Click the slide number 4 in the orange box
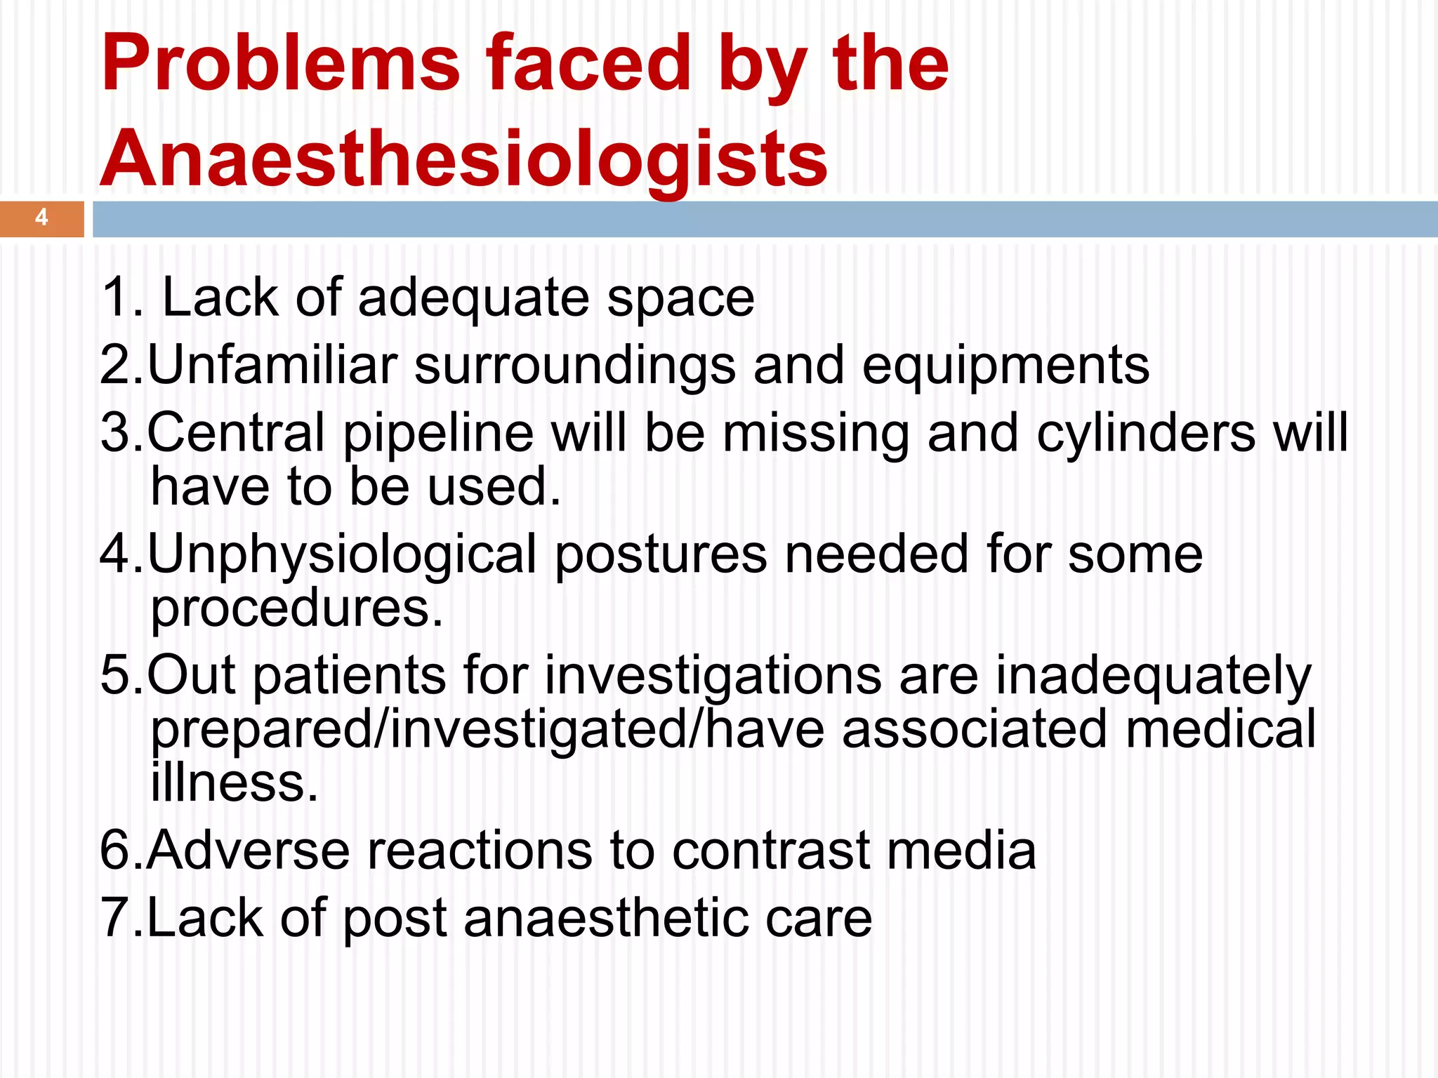(41, 218)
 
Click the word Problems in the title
(280, 65)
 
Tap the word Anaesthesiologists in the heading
(464, 159)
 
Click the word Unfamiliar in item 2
(272, 365)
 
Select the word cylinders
(1146, 434)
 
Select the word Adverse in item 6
(248, 851)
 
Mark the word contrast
(770, 851)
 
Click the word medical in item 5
(1220, 730)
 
